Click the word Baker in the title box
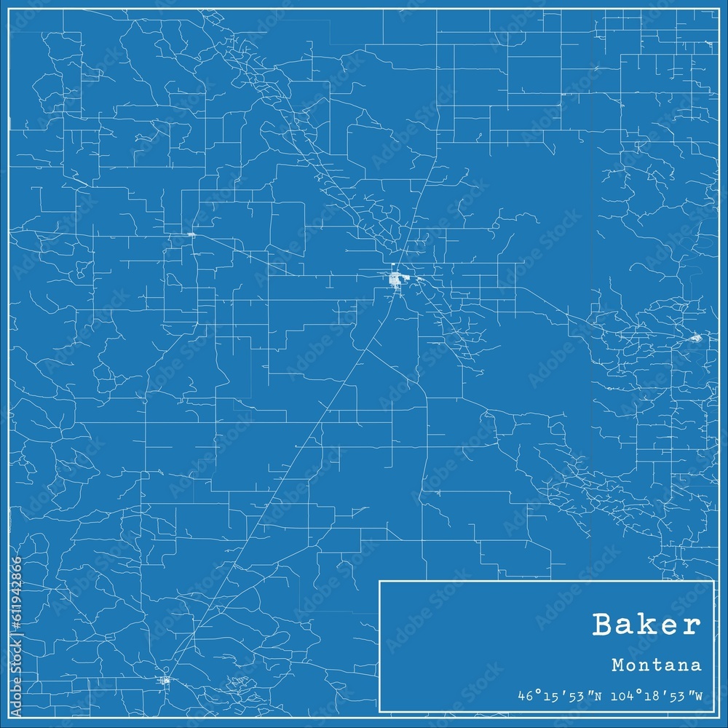pyautogui.click(x=647, y=625)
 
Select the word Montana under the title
pyautogui.click(x=657, y=665)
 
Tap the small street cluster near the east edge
pyautogui.click(x=695, y=337)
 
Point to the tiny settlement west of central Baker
pyautogui.click(x=191, y=234)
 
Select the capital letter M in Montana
pyautogui.click(x=617, y=665)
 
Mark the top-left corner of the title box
pyautogui.click(x=379, y=581)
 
